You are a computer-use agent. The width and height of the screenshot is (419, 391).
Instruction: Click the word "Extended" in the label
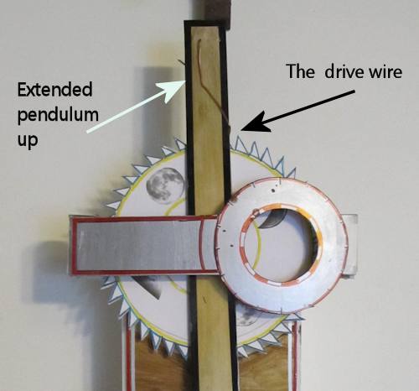[x=54, y=90]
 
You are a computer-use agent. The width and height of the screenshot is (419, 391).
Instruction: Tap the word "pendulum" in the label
[x=58, y=115]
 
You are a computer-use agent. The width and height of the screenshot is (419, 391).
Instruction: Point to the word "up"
[x=28, y=139]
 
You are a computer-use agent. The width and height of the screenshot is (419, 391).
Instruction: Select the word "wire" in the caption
[x=385, y=72]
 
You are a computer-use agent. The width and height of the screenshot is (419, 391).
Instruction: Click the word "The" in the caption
[x=300, y=71]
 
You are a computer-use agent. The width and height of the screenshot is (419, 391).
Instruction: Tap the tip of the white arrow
[x=186, y=81]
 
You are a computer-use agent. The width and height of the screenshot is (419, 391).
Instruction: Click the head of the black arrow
[x=241, y=130]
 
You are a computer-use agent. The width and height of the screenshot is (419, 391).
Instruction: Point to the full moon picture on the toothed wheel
[x=166, y=185]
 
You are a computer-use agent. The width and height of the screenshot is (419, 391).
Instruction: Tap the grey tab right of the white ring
[x=350, y=244]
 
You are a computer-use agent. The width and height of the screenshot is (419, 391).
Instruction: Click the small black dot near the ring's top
[x=273, y=190]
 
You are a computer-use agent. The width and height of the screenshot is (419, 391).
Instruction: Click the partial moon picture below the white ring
[x=248, y=315]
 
